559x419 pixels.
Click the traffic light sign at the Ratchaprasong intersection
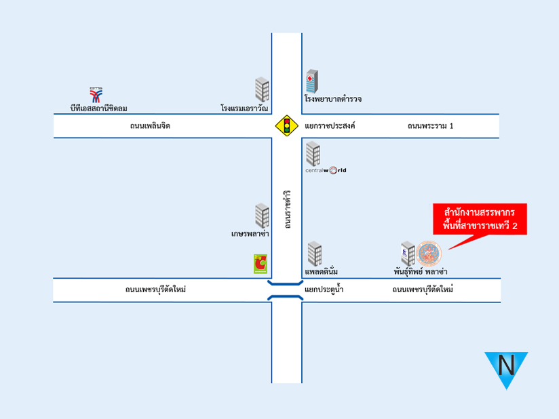point(287,126)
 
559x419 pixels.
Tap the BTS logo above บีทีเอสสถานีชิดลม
point(96,95)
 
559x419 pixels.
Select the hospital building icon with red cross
point(312,81)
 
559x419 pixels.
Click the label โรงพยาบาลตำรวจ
point(333,99)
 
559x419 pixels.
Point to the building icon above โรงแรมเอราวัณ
point(262,89)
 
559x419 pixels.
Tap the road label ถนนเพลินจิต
point(150,126)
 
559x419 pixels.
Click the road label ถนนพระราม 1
point(430,126)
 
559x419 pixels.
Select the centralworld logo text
point(326,170)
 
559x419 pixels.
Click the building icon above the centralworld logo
point(313,153)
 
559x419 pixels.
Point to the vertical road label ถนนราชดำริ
point(288,209)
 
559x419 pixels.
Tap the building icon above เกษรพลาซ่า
point(262,216)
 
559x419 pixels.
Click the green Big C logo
point(261,264)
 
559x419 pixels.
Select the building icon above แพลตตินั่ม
point(315,254)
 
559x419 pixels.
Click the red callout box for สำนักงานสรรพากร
point(480,219)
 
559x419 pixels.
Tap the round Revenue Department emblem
point(429,254)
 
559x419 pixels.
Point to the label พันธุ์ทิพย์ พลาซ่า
point(421,271)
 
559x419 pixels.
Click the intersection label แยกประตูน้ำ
point(324,290)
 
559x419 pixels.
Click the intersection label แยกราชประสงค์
point(330,126)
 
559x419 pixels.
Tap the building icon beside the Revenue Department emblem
point(408,254)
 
